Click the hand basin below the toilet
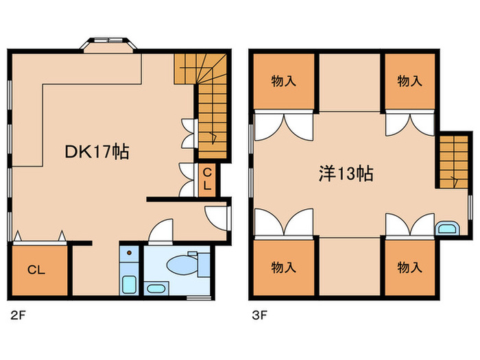pos(156,287)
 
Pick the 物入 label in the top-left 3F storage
pos(283,82)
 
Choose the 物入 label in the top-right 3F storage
pos(409,82)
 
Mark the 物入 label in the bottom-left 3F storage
pos(283,267)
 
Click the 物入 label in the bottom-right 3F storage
pos(409,267)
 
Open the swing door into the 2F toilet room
pos(160,232)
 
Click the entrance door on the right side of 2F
pos(218,215)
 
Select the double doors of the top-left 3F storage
pos(285,125)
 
